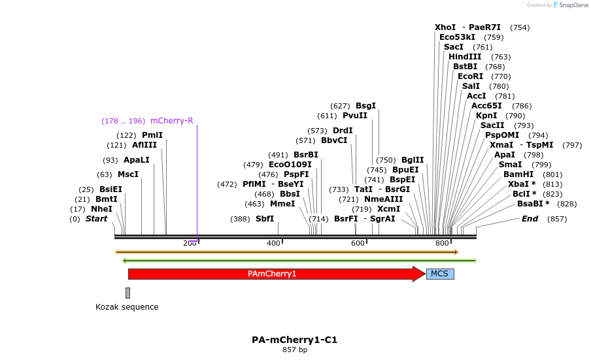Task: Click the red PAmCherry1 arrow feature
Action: [x=272, y=274]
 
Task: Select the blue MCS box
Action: [x=439, y=274]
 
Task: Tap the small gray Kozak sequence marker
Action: [x=127, y=293]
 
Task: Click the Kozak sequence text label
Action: [x=127, y=306]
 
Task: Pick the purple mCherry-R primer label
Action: [x=171, y=121]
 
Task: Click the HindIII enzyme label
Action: [x=465, y=57]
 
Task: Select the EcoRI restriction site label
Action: [x=470, y=76]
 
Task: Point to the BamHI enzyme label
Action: [x=518, y=174]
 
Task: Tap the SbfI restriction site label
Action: [x=264, y=219]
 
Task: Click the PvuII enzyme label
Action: [x=355, y=116]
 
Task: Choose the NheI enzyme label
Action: [x=101, y=209]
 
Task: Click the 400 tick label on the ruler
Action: [x=274, y=243]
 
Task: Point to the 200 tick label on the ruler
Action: [x=190, y=243]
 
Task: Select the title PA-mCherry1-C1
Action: [x=294, y=340]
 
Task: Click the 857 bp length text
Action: [x=294, y=350]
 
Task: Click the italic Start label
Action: [x=96, y=219]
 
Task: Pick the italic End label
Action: [x=530, y=219]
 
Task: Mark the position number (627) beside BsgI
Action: [x=340, y=106]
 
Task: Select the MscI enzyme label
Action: [x=128, y=174]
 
